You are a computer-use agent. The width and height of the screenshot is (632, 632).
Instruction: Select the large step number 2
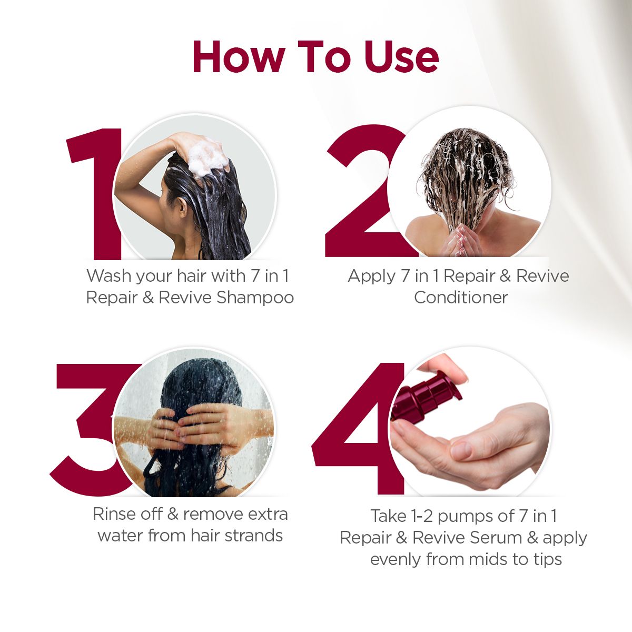(x=358, y=200)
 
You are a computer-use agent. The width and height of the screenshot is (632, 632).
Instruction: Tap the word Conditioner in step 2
(x=460, y=298)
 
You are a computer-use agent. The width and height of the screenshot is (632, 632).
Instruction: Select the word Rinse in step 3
(x=115, y=514)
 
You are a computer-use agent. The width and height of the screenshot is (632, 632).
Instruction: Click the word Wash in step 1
(x=109, y=276)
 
